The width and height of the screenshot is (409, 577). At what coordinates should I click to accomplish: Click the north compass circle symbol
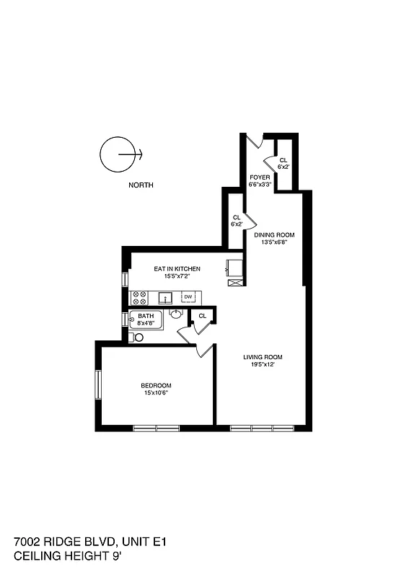[x=117, y=154]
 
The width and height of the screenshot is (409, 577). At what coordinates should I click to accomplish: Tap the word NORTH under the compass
[x=141, y=185]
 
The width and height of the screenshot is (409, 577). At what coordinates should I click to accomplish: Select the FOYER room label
[x=260, y=177]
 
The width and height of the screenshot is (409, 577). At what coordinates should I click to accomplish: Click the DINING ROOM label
[x=274, y=235]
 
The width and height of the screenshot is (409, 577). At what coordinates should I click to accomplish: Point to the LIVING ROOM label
[x=262, y=357]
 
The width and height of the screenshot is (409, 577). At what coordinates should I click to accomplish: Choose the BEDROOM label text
[x=156, y=386]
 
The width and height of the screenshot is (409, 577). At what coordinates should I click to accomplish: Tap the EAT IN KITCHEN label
[x=177, y=269]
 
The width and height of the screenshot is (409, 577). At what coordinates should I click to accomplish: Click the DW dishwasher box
[x=188, y=297]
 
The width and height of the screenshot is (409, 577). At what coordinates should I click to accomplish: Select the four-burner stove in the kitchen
[x=138, y=297]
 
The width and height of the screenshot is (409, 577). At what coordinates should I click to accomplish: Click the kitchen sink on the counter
[x=165, y=297]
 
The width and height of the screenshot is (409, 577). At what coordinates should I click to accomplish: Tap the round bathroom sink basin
[x=176, y=314]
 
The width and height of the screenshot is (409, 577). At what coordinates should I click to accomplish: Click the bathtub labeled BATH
[x=146, y=320]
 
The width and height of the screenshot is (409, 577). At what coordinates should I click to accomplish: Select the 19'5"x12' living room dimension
[x=262, y=365]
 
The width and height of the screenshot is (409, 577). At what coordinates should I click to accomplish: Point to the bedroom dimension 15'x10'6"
[x=156, y=394]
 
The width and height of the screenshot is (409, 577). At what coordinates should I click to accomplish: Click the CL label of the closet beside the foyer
[x=283, y=160]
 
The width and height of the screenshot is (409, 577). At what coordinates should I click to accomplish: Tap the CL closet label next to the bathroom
[x=203, y=316]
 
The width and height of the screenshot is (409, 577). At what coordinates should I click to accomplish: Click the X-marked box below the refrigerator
[x=235, y=283]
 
